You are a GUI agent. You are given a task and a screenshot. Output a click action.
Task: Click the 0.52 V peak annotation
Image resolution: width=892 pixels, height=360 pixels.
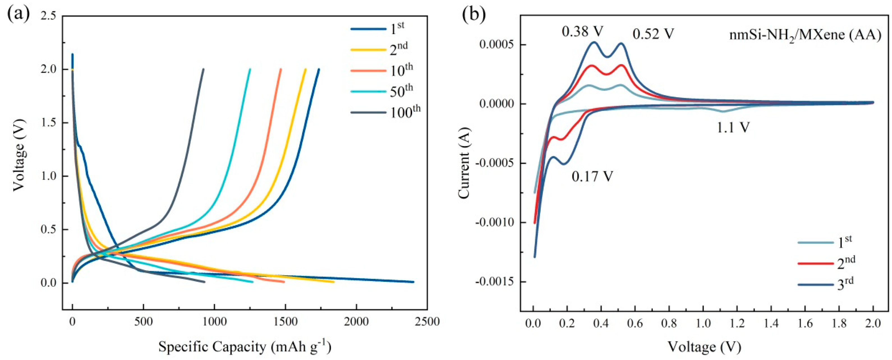click(653, 34)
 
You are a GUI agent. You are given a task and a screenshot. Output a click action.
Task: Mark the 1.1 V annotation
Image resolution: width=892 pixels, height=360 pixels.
click(733, 128)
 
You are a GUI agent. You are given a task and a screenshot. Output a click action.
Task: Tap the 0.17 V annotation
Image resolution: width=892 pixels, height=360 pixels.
click(592, 177)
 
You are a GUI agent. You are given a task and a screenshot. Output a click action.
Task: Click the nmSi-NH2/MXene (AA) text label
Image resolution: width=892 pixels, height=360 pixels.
click(805, 35)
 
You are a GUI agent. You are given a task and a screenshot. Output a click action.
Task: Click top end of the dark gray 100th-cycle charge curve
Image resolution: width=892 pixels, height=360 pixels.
click(203, 69)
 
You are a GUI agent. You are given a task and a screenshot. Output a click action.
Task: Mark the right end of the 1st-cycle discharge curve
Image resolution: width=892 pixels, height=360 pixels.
click(413, 282)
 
